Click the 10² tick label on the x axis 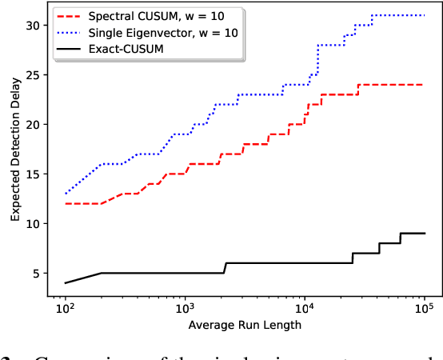click(66, 307)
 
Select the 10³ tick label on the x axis click(186, 307)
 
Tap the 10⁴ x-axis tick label click(305, 307)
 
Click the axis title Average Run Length click(245, 325)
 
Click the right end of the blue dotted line click(424, 15)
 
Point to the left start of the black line click(66, 283)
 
